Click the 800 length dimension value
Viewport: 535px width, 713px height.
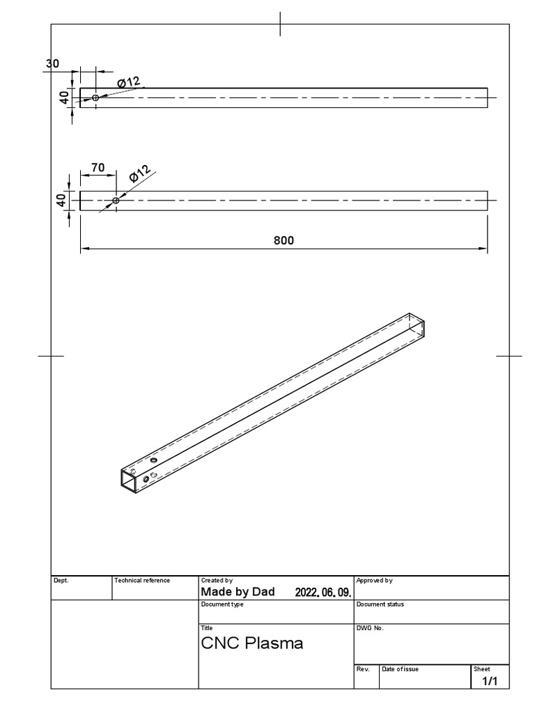pyautogui.click(x=284, y=241)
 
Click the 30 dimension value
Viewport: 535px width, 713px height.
pyautogui.click(x=52, y=63)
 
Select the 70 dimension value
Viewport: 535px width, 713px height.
pyautogui.click(x=98, y=167)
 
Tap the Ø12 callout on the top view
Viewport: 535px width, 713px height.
pyautogui.click(x=129, y=83)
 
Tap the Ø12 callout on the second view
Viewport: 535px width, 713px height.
pyautogui.click(x=139, y=175)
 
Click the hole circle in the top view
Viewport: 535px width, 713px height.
pyautogui.click(x=95, y=97)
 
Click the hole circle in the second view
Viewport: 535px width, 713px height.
pyautogui.click(x=116, y=201)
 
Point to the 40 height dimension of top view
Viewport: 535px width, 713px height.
pyautogui.click(x=64, y=97)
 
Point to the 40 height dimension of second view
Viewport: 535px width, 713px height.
pyautogui.click(x=61, y=200)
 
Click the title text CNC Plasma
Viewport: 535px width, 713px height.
pyautogui.click(x=252, y=643)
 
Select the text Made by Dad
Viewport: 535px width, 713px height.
pyautogui.click(x=238, y=592)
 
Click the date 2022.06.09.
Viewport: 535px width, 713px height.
pyautogui.click(x=323, y=593)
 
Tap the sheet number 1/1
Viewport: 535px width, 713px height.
pyautogui.click(x=490, y=682)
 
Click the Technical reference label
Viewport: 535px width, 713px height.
pyautogui.click(x=142, y=580)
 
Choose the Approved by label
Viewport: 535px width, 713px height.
pyautogui.click(x=374, y=580)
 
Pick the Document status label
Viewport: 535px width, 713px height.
pyautogui.click(x=380, y=604)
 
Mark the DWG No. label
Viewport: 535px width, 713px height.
pyautogui.click(x=370, y=628)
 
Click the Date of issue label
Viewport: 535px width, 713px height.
pyautogui.click(x=400, y=669)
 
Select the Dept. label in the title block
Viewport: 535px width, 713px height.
pyautogui.click(x=61, y=580)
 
